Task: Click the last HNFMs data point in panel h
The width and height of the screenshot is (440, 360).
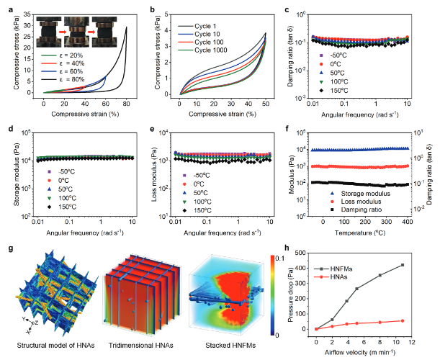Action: coord(422,265)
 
